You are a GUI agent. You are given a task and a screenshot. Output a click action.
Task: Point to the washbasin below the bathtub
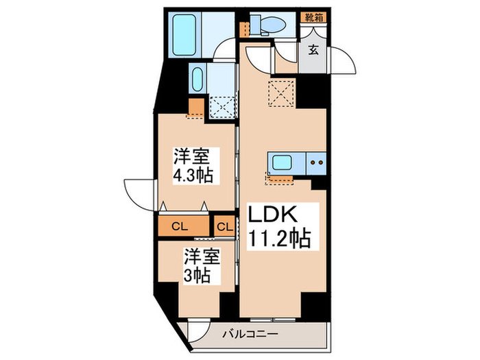click(196, 80)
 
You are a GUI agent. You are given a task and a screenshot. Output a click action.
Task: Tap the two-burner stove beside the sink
click(316, 163)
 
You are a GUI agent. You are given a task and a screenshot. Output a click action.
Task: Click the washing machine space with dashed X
click(221, 106)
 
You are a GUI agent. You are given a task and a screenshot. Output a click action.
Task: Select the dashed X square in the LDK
click(280, 93)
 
